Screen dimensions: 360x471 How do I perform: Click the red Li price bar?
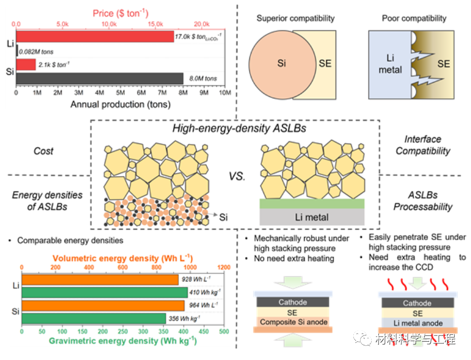point(94,37)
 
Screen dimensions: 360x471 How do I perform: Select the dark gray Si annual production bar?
point(99,78)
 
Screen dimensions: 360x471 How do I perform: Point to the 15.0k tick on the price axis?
point(156,24)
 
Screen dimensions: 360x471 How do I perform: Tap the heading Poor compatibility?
point(414,18)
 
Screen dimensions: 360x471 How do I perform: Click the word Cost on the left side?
point(43,151)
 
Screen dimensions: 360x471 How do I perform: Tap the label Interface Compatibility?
point(422,145)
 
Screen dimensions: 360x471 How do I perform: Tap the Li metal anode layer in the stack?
point(417,323)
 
